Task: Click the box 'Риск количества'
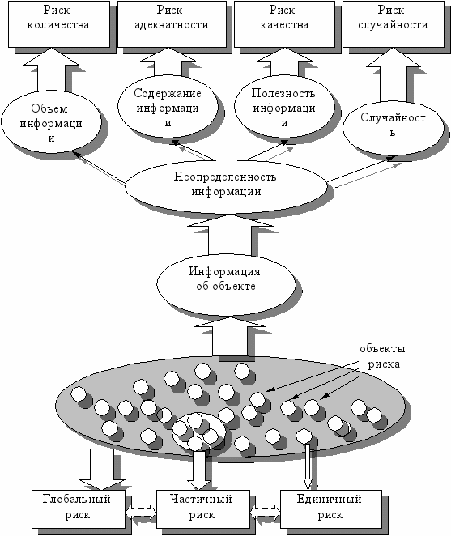coord(59,24)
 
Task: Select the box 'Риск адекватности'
coord(172,24)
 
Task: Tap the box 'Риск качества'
coord(284,24)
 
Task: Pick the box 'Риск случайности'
coord(393,24)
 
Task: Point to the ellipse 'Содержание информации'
coord(168,107)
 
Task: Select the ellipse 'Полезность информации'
coord(284,107)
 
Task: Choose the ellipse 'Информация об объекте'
coord(226,284)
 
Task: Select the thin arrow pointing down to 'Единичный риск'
coord(308,466)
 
